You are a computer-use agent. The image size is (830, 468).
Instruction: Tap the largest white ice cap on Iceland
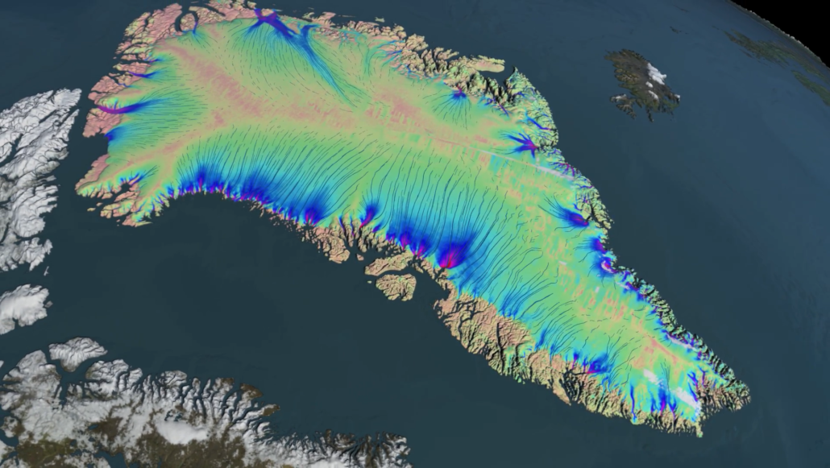tap(656, 75)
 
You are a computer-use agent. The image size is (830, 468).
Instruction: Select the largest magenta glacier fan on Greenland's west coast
tap(452, 256)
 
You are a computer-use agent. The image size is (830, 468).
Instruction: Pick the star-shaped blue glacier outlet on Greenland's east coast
tap(525, 146)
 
